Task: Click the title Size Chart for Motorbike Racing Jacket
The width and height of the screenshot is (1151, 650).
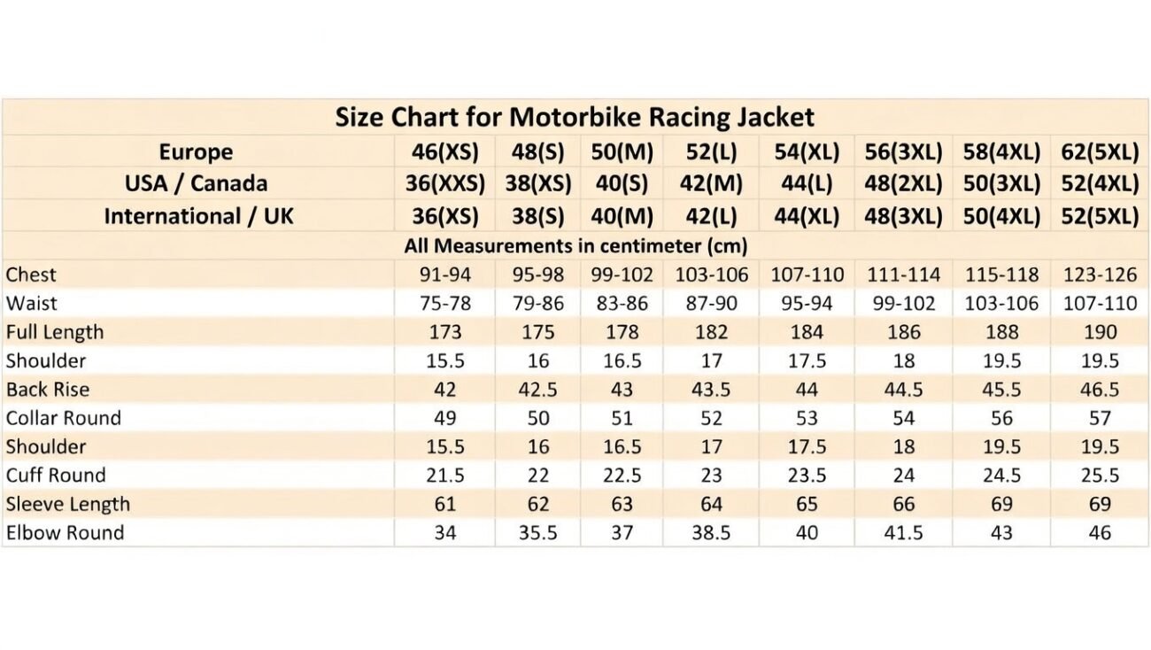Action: [x=575, y=117]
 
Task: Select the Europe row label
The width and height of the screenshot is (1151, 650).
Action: [x=196, y=151]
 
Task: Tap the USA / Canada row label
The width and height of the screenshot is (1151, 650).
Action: [x=196, y=184]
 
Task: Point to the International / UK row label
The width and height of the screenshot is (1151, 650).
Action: [x=198, y=216]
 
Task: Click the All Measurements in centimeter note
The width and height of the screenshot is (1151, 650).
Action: [x=575, y=245]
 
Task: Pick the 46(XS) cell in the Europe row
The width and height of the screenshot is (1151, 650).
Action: [x=444, y=151]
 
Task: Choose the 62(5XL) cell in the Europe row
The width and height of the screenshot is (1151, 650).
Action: [x=1100, y=151]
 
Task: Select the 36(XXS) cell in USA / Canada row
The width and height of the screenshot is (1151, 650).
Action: [x=448, y=184]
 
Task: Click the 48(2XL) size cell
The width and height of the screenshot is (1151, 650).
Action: [x=903, y=184]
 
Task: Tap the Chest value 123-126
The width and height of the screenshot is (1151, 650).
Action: [x=1100, y=275]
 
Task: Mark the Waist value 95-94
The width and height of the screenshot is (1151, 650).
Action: [x=807, y=304]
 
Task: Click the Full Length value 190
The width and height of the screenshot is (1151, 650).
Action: [x=1100, y=332]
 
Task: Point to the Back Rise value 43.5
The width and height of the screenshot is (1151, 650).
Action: [x=711, y=390]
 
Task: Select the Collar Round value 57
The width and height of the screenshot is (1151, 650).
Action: [x=1100, y=418]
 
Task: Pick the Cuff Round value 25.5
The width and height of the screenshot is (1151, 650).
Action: [x=1100, y=476]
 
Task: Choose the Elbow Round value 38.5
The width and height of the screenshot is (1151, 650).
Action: [x=711, y=533]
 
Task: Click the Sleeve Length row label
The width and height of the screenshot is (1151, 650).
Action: [x=68, y=504]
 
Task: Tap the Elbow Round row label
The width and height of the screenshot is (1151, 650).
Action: [x=65, y=533]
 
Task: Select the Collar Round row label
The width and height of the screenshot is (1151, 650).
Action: [x=64, y=418]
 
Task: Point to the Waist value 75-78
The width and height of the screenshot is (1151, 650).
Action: [x=444, y=304]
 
